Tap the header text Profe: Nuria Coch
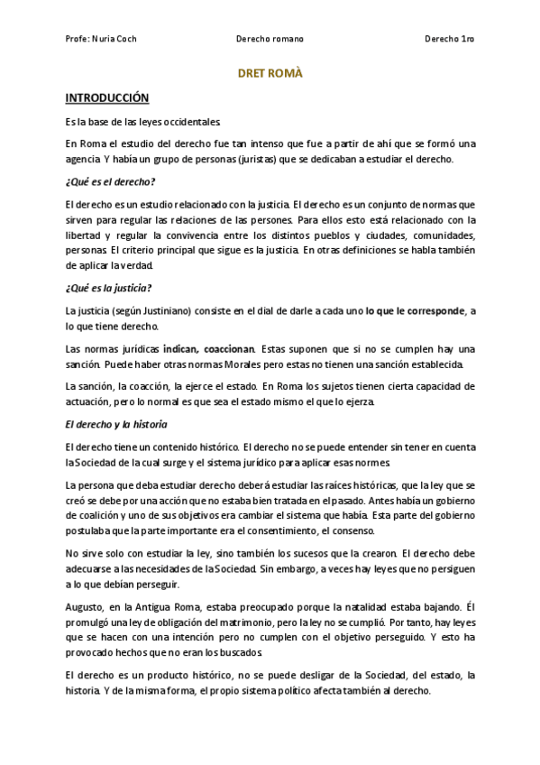(x=101, y=40)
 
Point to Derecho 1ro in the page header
(x=449, y=40)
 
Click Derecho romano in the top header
(x=270, y=40)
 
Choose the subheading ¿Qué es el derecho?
(x=110, y=182)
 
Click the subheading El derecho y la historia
(x=114, y=424)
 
